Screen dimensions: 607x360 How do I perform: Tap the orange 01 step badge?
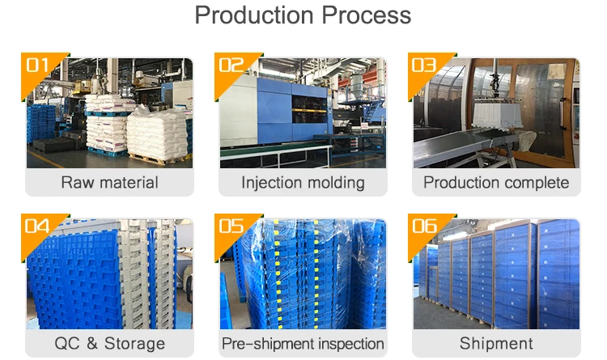pos(38,66)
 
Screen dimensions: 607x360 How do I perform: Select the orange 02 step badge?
pos(231,66)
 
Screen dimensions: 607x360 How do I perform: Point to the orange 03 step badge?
pos(423,66)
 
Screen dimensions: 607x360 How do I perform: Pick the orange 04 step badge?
pos(38,227)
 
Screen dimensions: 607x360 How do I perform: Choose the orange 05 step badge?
pos(231,227)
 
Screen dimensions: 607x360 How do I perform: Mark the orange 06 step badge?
pos(423,227)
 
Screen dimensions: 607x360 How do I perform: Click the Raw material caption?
pos(109,182)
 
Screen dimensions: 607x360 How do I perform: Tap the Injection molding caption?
pos(303,182)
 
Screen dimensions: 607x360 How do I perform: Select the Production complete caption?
pos(496,182)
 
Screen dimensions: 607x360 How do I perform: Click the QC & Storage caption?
pos(109,343)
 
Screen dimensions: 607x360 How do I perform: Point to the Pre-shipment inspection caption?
pos(303,343)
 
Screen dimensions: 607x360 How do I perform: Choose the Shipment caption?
pos(496,343)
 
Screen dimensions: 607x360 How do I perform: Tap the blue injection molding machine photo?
pos(303,113)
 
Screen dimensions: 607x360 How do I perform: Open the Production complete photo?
pos(496,113)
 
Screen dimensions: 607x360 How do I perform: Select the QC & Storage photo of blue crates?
pos(109,275)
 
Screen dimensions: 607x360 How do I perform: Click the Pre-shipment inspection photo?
pos(303,275)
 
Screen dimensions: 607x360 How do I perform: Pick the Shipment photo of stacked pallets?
pos(496,275)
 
